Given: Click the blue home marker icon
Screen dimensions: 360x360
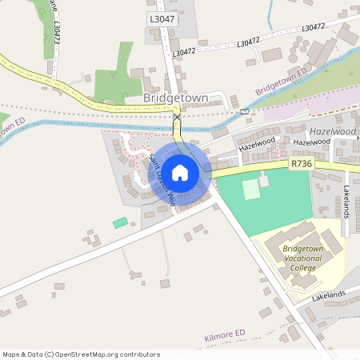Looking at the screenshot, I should point(180,172).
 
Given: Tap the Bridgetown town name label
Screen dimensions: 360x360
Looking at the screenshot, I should point(175,98).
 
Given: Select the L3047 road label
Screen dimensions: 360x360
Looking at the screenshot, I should point(161,18).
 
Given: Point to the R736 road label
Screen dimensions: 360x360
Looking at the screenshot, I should point(301,163).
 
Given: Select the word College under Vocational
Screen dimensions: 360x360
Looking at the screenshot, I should point(303,268).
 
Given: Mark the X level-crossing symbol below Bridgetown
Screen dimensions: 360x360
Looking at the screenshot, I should point(177,118).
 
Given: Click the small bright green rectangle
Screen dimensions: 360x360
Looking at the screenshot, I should point(120,222).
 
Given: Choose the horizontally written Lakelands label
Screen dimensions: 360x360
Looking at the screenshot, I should point(328,295).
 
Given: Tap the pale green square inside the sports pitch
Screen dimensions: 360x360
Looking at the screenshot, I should point(251,190).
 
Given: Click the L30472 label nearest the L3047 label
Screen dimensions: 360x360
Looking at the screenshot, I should point(183,51).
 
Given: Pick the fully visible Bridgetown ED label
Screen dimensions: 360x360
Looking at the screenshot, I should point(281,80).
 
